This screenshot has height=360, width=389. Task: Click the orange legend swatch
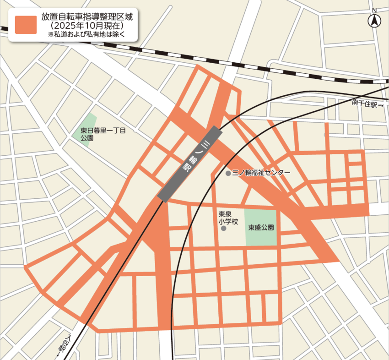click(26, 24)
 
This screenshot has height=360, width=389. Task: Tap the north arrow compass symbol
click(374, 21)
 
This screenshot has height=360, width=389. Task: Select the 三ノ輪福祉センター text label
click(261, 173)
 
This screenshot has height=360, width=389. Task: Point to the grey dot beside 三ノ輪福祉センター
click(228, 173)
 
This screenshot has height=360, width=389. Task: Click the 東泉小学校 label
click(224, 217)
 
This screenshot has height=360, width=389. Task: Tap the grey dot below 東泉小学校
click(223, 228)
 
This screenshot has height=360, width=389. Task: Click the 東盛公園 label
click(261, 227)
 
